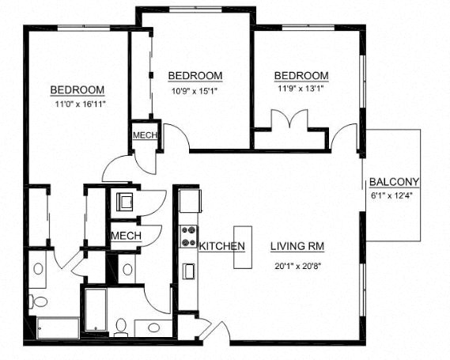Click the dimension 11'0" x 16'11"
[80, 103]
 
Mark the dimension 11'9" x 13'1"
[301, 89]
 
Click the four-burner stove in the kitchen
[189, 236]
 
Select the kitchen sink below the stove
[189, 271]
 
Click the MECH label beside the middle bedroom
[144, 135]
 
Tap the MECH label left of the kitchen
[127, 236]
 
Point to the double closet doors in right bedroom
[289, 123]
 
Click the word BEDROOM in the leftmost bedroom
[78, 89]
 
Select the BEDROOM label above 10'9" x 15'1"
[195, 76]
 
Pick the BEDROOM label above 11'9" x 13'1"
[301, 76]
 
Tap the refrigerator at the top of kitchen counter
[188, 203]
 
